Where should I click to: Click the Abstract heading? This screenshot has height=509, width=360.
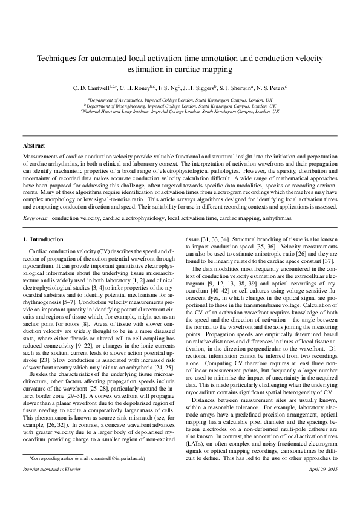pyautogui.click(x=34, y=146)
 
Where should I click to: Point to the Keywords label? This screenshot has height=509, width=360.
pyautogui.click(x=35, y=199)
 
